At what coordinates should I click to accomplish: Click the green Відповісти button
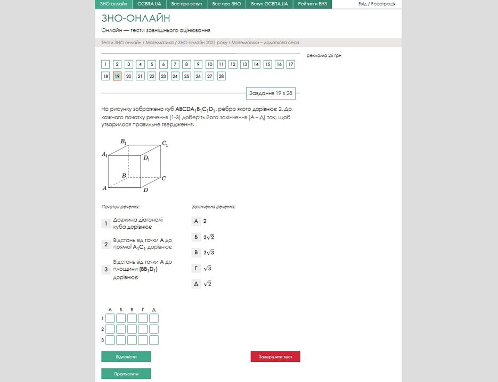pyautogui.click(x=126, y=356)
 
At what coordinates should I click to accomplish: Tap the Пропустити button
pyautogui.click(x=126, y=374)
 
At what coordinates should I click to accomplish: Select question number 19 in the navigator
pyautogui.click(x=117, y=76)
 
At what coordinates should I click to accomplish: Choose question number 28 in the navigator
pyautogui.click(x=221, y=76)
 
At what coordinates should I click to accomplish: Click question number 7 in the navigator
pyautogui.click(x=175, y=64)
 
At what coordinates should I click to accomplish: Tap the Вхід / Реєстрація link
pyautogui.click(x=377, y=4)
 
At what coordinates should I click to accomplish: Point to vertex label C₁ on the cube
pyautogui.click(x=165, y=144)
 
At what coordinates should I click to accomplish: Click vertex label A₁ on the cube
pyautogui.click(x=104, y=154)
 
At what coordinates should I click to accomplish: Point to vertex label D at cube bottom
pyautogui.click(x=145, y=190)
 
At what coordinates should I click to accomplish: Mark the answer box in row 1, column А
pyautogui.click(x=110, y=318)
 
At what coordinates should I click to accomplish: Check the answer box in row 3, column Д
pyautogui.click(x=154, y=340)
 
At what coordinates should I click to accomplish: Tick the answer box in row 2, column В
pyautogui.click(x=132, y=329)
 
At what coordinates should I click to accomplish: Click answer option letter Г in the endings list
pyautogui.click(x=196, y=268)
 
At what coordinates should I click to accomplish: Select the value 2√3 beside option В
pyautogui.click(x=209, y=252)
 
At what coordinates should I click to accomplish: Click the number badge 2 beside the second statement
pyautogui.click(x=106, y=245)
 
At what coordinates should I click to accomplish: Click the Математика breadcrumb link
pyautogui.click(x=160, y=43)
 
